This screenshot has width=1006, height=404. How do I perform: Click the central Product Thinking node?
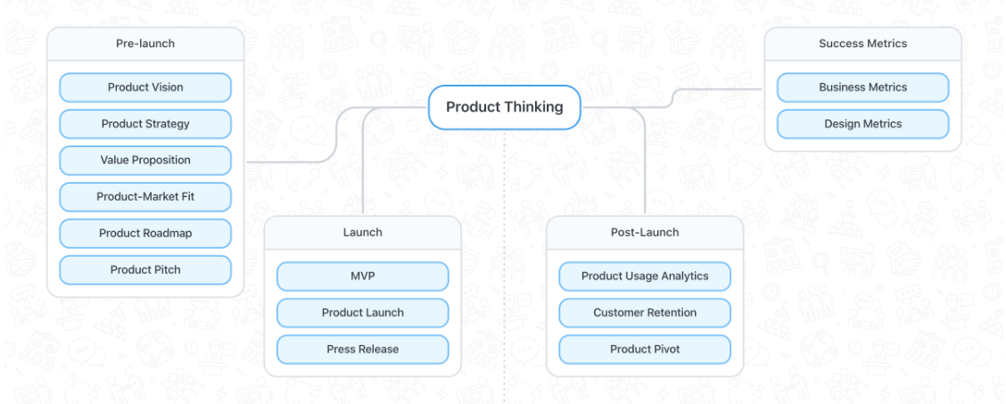pyautogui.click(x=504, y=107)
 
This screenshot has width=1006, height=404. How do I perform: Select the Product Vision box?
pyautogui.click(x=145, y=87)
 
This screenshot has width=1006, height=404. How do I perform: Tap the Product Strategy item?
pyautogui.click(x=145, y=124)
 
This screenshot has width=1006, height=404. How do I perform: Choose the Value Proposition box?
pyautogui.click(x=145, y=161)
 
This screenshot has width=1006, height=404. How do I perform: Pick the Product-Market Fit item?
pyautogui.click(x=145, y=197)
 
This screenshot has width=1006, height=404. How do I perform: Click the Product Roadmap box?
pyautogui.click(x=145, y=234)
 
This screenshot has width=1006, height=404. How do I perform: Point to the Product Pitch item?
pyautogui.click(x=145, y=270)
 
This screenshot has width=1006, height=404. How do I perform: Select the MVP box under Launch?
pyautogui.click(x=362, y=276)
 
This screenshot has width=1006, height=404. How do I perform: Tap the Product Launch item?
pyautogui.click(x=362, y=313)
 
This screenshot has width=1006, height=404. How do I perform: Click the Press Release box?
pyautogui.click(x=362, y=350)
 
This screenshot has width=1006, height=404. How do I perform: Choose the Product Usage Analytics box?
pyautogui.click(x=645, y=276)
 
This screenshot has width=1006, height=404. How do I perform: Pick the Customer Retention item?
pyautogui.click(x=645, y=313)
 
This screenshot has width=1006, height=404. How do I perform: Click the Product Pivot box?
pyautogui.click(x=645, y=350)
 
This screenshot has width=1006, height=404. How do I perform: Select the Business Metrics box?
pyautogui.click(x=862, y=87)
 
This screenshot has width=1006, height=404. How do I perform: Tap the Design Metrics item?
pyautogui.click(x=862, y=124)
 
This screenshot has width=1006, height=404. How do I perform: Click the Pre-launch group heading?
pyautogui.click(x=145, y=44)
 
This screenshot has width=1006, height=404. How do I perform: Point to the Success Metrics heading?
pyautogui.click(x=862, y=44)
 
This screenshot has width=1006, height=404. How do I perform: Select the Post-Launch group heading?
pyautogui.click(x=645, y=233)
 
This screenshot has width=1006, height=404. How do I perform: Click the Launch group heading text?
pyautogui.click(x=362, y=233)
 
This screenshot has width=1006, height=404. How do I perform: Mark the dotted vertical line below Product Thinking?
pyautogui.click(x=504, y=268)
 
